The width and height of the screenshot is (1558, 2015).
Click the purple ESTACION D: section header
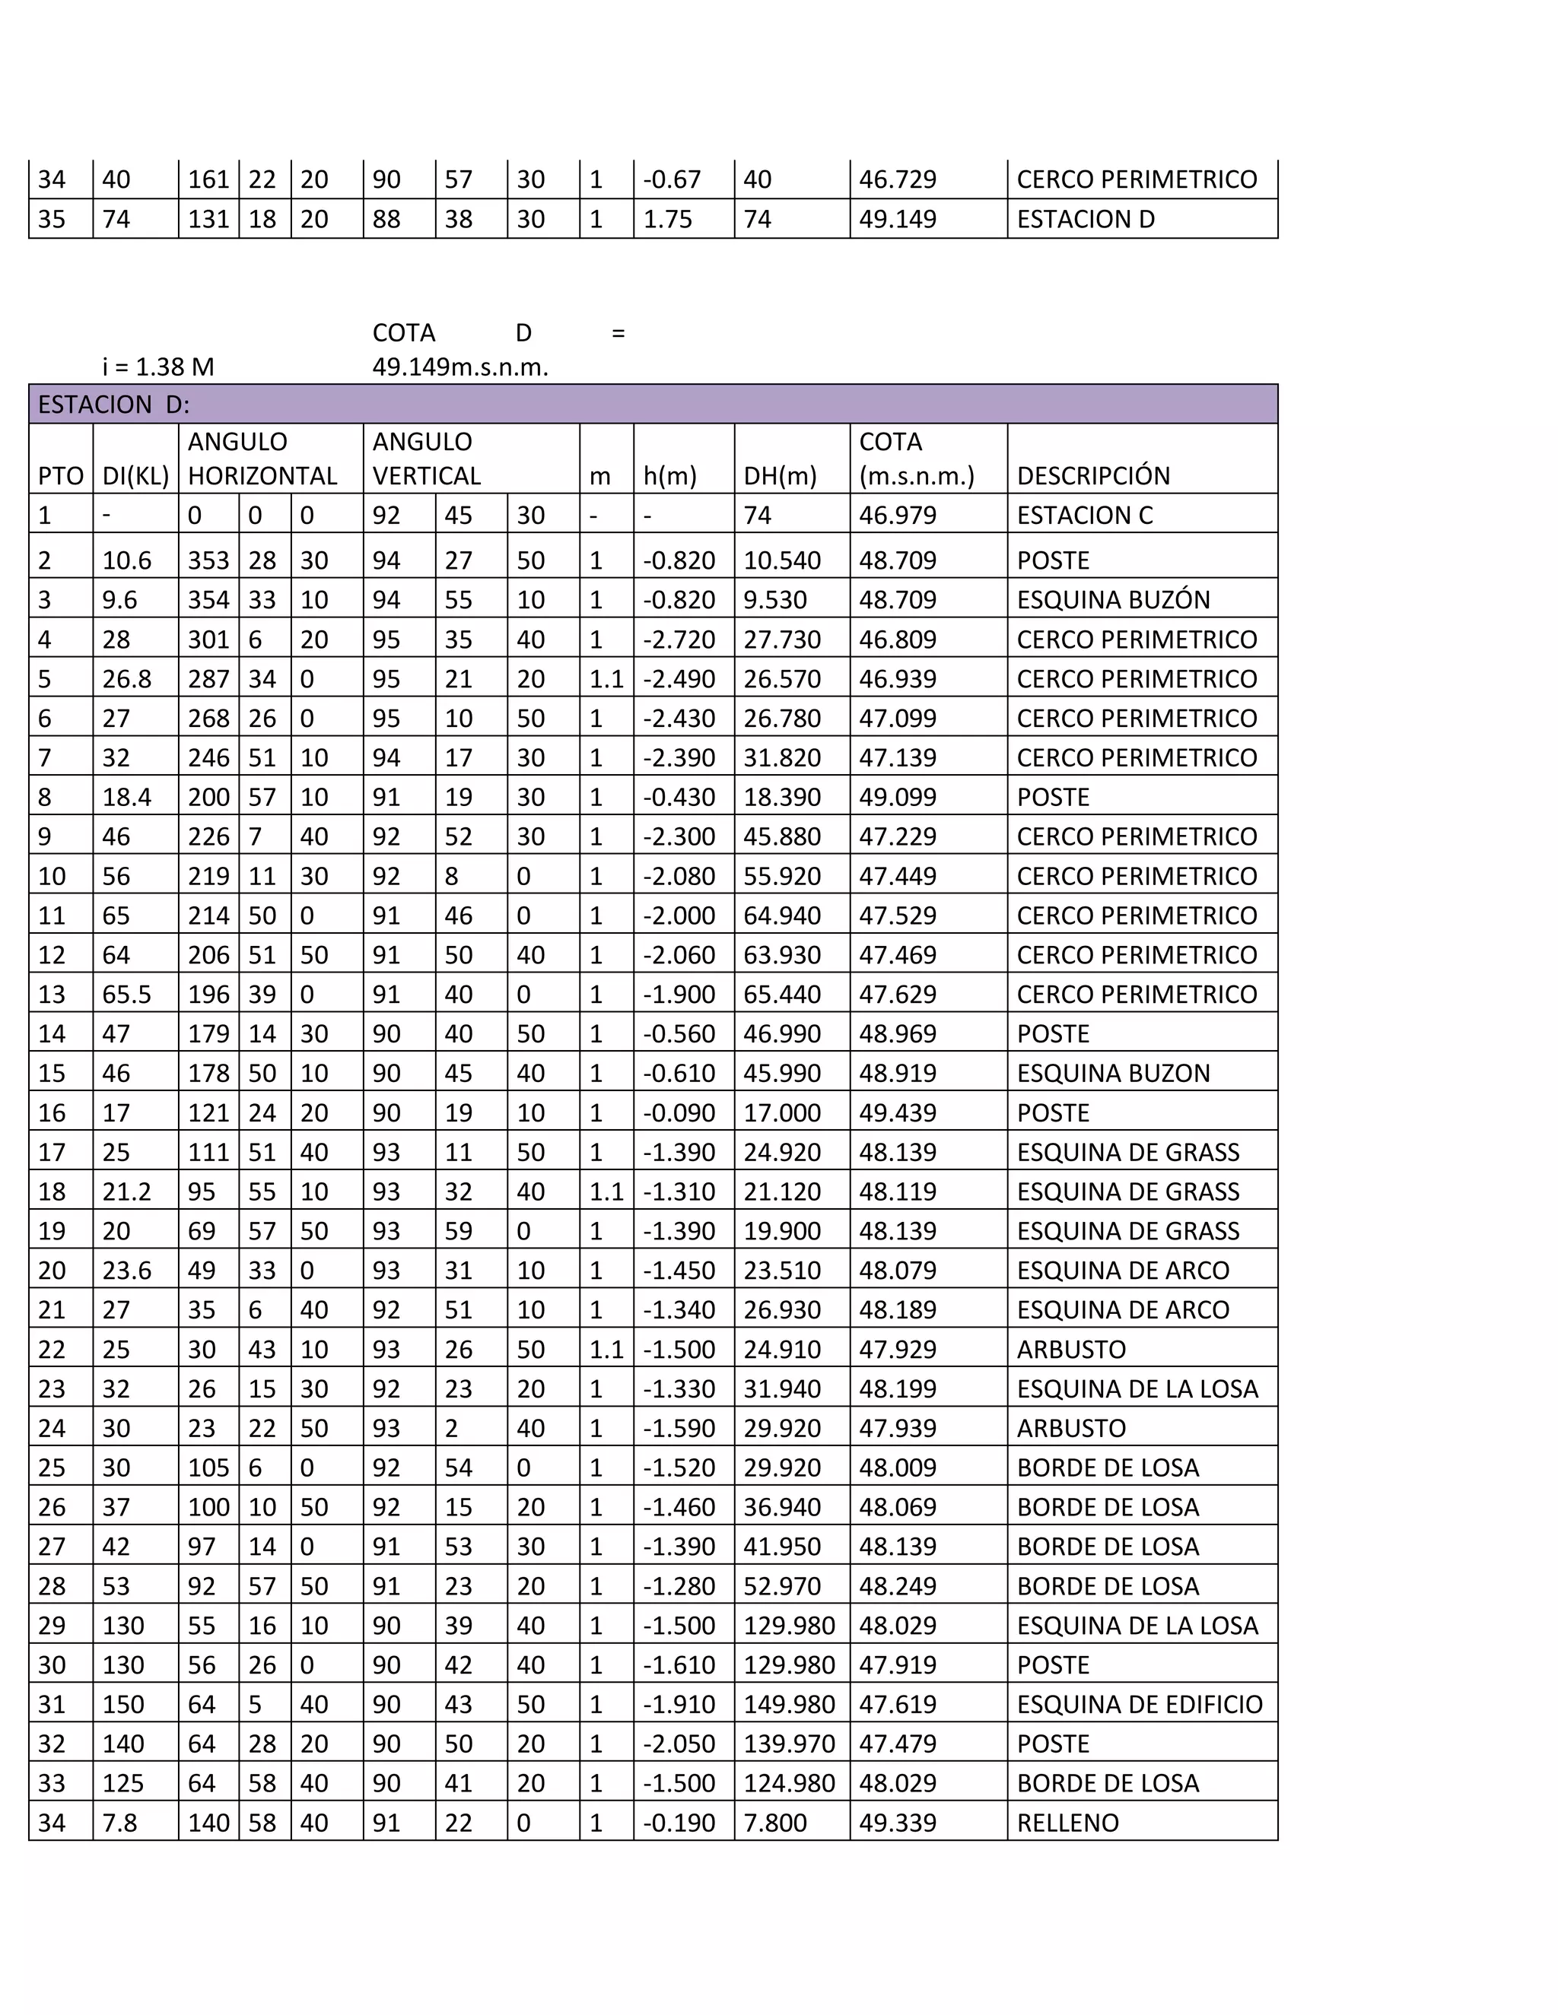click(x=653, y=404)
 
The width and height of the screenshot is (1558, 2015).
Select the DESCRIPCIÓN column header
click(x=1093, y=476)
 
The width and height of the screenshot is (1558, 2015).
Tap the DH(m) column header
click(x=780, y=476)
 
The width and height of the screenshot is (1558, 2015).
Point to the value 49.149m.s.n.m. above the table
click(x=459, y=367)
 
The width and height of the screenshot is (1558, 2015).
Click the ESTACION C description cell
click(x=1085, y=515)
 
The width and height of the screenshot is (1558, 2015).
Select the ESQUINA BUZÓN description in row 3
click(x=1112, y=600)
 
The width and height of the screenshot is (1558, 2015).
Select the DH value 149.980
click(x=788, y=1704)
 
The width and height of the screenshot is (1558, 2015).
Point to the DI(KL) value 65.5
click(x=126, y=995)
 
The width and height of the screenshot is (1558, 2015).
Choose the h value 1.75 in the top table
click(x=666, y=220)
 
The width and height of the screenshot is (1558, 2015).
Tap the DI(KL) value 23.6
click(x=126, y=1271)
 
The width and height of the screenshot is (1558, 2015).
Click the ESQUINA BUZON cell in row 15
click(x=1112, y=1073)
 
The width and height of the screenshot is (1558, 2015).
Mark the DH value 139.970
click(x=788, y=1744)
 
